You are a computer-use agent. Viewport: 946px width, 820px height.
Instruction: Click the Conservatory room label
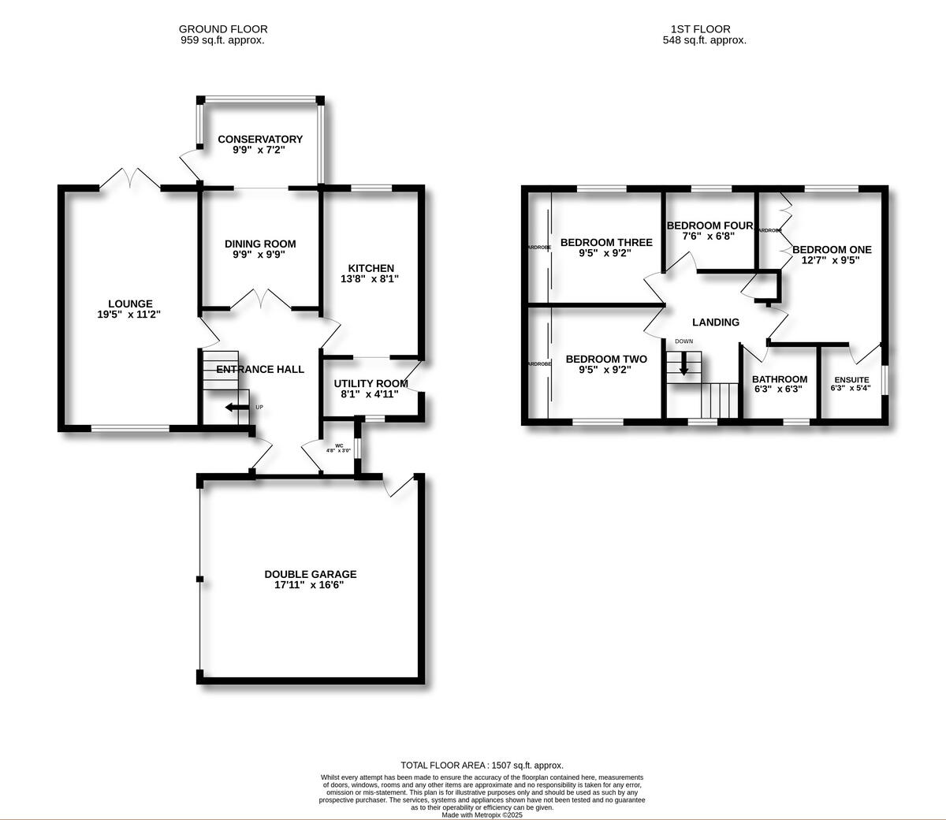(x=260, y=140)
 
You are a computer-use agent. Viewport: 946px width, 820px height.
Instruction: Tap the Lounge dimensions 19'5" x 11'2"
(x=130, y=315)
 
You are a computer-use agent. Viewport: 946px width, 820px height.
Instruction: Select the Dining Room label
(x=260, y=244)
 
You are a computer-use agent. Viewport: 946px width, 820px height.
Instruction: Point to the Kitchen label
(x=371, y=268)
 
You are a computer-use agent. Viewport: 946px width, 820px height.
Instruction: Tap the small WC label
(x=340, y=445)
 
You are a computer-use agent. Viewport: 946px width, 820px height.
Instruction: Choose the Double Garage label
(x=310, y=574)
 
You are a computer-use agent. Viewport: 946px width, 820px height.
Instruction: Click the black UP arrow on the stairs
(x=233, y=408)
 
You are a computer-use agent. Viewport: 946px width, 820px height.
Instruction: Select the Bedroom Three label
(x=606, y=242)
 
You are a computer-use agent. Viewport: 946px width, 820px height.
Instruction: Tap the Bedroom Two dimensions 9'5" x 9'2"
(x=606, y=369)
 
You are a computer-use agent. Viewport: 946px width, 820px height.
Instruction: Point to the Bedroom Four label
(x=710, y=225)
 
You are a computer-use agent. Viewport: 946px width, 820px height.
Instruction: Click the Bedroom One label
(x=832, y=249)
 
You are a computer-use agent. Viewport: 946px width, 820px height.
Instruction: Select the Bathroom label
(x=779, y=378)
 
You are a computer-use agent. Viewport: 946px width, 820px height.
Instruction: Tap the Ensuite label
(x=851, y=379)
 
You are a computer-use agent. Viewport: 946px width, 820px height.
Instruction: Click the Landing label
(x=715, y=322)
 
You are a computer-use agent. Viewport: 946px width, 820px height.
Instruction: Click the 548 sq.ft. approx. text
(x=704, y=39)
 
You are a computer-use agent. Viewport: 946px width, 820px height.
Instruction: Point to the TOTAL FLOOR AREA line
(x=482, y=765)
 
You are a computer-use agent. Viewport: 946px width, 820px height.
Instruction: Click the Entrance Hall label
(x=260, y=369)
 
